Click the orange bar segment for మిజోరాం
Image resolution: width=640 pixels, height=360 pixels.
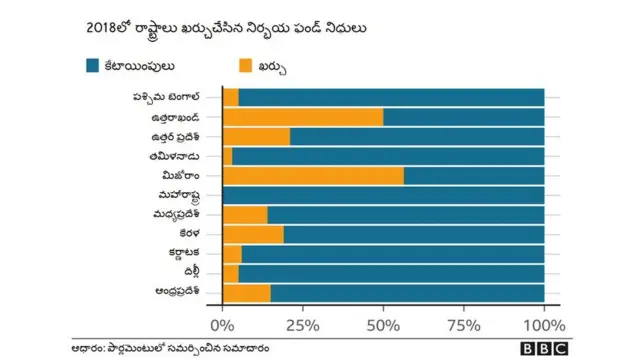[x=313, y=176]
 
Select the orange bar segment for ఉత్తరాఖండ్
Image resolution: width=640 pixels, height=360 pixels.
[x=302, y=117]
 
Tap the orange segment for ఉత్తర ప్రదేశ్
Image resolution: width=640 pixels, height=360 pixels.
[x=256, y=136]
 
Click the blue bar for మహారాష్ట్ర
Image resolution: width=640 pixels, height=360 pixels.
[x=383, y=195]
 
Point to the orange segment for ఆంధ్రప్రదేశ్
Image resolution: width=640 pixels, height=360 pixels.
[x=246, y=293]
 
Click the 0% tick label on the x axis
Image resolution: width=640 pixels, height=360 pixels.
[x=223, y=325]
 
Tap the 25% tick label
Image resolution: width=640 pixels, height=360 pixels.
[x=302, y=325]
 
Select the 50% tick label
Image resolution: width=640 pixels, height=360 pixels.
[x=383, y=325]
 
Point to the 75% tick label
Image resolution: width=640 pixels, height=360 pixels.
[x=463, y=325]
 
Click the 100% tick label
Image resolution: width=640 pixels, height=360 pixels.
[x=544, y=325]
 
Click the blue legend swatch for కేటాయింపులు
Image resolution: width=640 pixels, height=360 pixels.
[x=93, y=66]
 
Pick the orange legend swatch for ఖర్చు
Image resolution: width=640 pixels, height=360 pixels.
[x=246, y=66]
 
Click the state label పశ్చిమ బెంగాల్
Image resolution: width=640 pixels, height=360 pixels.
[x=167, y=97]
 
